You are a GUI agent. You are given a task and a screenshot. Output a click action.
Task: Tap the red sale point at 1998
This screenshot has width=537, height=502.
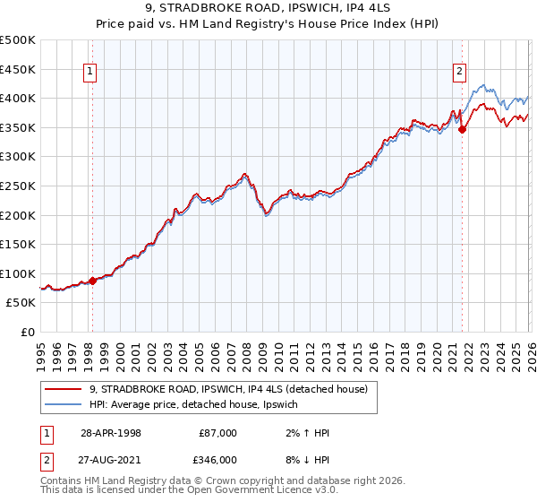[92, 281]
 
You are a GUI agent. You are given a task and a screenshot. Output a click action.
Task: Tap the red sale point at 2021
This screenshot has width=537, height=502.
[462, 129]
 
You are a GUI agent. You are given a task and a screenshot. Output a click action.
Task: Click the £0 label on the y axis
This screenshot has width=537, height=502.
[27, 333]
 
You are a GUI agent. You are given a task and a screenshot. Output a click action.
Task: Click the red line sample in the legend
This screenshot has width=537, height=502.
[64, 388]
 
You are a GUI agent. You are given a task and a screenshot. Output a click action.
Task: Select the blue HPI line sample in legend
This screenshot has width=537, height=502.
[64, 405]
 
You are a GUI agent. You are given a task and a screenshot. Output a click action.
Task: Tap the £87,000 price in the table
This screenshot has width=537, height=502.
[218, 433]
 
